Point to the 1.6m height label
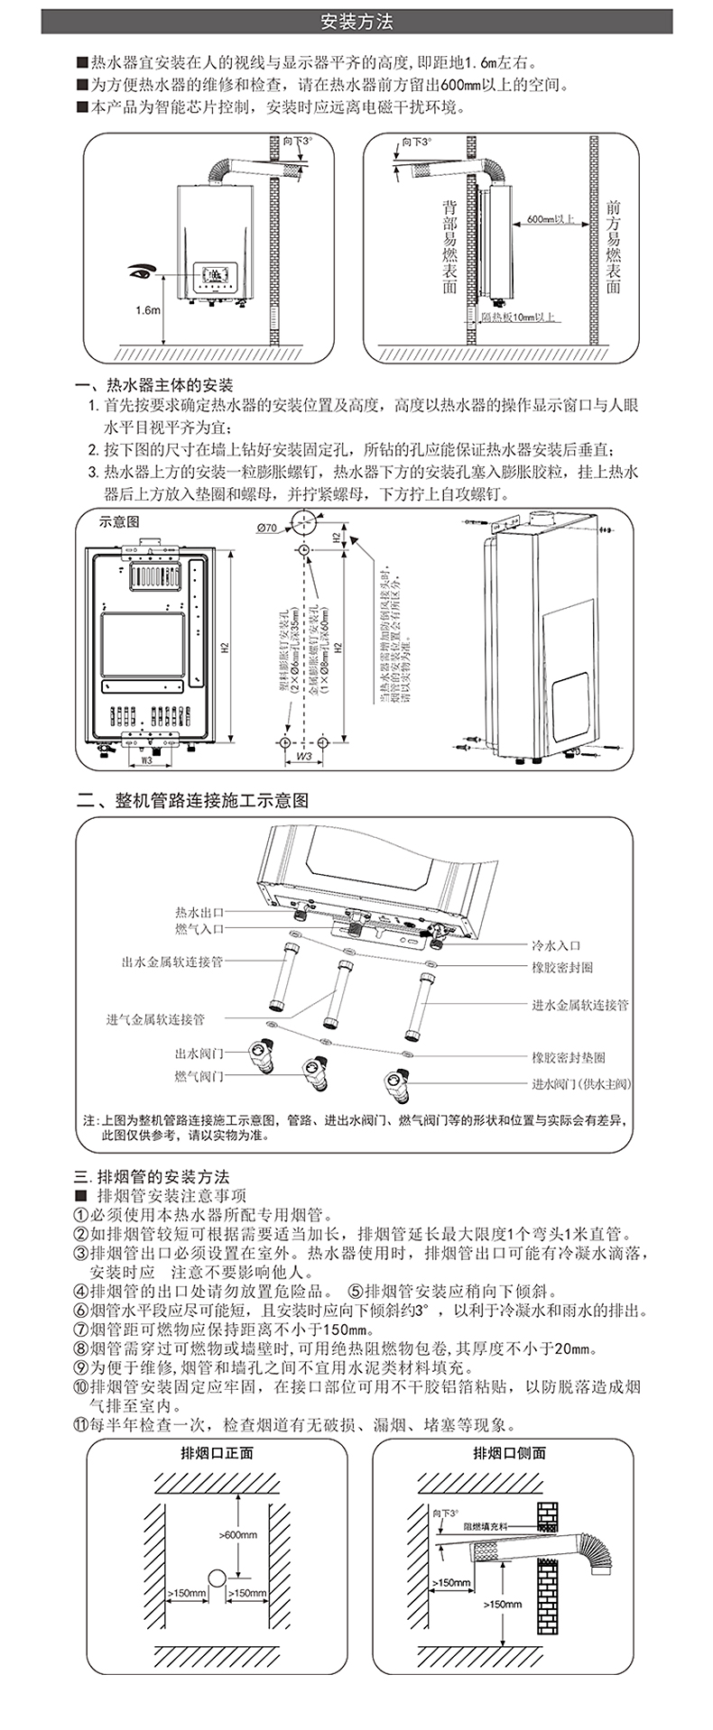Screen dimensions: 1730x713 coord(147,310)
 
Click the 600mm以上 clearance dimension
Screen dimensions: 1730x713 coord(550,219)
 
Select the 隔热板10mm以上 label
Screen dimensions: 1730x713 coord(518,317)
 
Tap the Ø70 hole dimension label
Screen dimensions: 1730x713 coord(266,528)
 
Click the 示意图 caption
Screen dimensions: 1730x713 coord(120,521)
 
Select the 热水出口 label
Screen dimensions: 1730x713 coord(199,913)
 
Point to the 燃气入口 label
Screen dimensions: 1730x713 coord(199,929)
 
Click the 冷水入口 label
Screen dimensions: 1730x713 coord(556,945)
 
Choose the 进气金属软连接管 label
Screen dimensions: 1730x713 coord(155,1019)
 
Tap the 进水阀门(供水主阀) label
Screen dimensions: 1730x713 coord(581,1084)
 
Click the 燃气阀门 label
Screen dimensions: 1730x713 coord(199,1076)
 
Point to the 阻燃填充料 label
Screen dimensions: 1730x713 coord(486,1527)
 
